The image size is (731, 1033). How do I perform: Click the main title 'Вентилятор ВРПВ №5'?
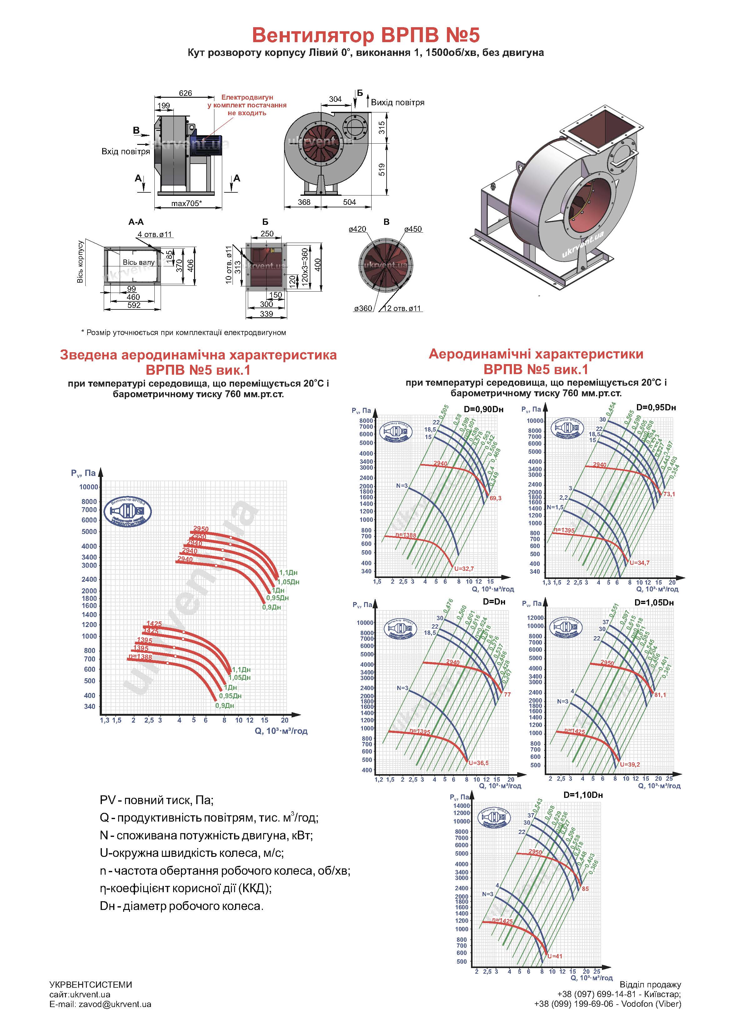coord(365,35)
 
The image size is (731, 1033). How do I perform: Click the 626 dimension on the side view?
coord(185,93)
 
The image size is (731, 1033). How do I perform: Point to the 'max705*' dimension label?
coord(187,203)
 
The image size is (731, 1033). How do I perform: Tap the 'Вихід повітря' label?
coord(397,102)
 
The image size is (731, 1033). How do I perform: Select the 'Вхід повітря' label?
coord(125,152)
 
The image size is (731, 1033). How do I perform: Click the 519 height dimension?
coord(382,170)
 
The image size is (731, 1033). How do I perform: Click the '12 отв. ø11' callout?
coord(401,309)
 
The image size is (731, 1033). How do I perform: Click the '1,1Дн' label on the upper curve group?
coord(288,573)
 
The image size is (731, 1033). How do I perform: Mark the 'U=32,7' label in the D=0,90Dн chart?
coord(464,569)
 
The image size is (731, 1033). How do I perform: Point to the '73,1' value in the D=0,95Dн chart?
coord(669,494)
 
